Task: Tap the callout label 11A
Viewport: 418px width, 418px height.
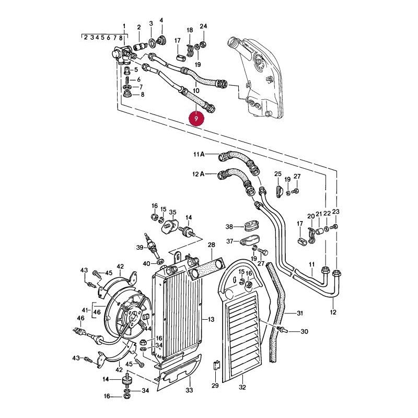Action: pyautogui.click(x=199, y=154)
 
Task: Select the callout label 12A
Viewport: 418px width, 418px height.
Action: pyautogui.click(x=199, y=174)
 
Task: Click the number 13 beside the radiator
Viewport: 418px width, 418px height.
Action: pyautogui.click(x=211, y=319)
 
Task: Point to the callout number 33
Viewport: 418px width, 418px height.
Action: pyautogui.click(x=189, y=390)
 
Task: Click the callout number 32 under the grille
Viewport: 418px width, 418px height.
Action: pyautogui.click(x=242, y=387)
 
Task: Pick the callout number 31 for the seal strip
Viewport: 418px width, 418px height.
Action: pyautogui.click(x=300, y=313)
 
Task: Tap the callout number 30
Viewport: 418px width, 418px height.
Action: pyautogui.click(x=304, y=331)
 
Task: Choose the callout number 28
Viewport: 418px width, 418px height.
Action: pyautogui.click(x=212, y=245)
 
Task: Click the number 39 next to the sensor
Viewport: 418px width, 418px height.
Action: pyautogui.click(x=140, y=248)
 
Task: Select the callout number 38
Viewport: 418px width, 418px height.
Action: pyautogui.click(x=229, y=227)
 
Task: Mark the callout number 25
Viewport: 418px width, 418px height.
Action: pyautogui.click(x=278, y=174)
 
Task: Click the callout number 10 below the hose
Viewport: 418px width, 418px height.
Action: pyautogui.click(x=196, y=90)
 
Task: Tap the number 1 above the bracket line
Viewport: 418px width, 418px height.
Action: pyautogui.click(x=124, y=26)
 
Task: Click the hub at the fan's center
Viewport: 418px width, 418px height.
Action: pyautogui.click(x=134, y=316)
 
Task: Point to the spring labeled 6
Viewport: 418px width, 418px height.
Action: pyautogui.click(x=127, y=80)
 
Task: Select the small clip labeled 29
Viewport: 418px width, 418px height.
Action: pyautogui.click(x=216, y=365)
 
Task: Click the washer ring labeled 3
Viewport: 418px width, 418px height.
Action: pyautogui.click(x=152, y=43)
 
